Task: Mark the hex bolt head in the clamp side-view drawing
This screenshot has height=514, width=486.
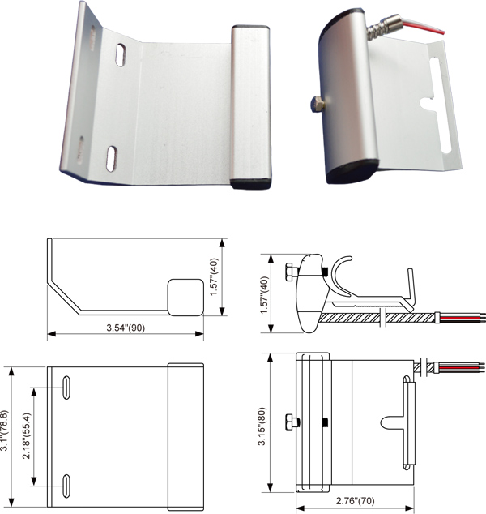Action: pos(291,270)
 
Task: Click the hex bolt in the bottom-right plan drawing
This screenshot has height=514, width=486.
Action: pos(292,422)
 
